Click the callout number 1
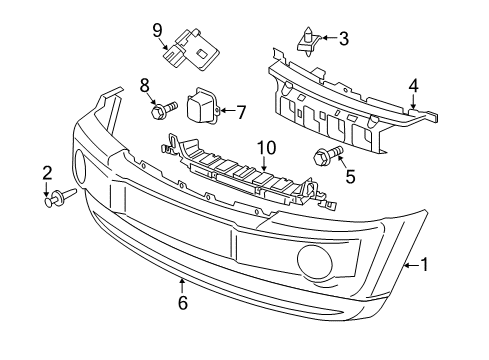425,264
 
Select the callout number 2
47,175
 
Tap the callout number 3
343,39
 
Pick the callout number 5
350,177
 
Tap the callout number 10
264,148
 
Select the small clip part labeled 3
308,42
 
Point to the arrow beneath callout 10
264,165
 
